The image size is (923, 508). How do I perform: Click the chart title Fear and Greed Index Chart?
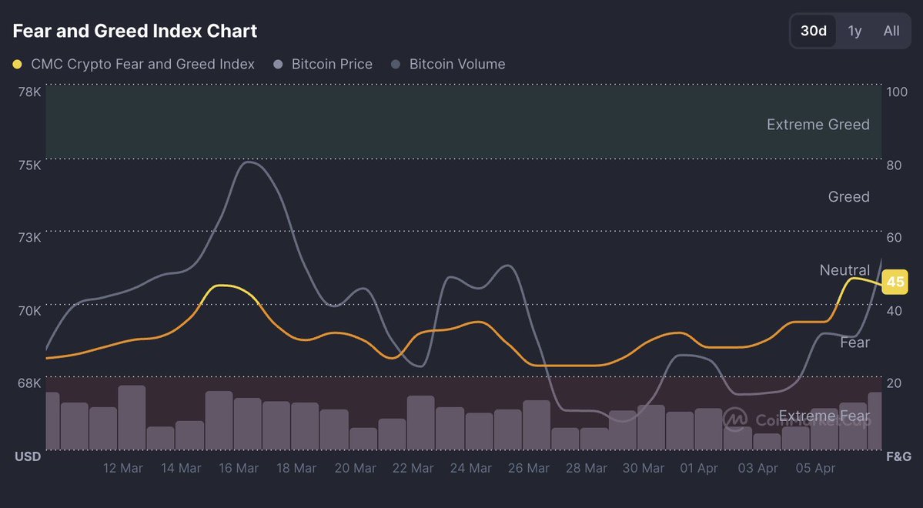135,31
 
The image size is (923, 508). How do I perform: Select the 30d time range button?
814,31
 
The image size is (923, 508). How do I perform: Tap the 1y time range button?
854,31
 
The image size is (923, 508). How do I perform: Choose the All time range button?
891,31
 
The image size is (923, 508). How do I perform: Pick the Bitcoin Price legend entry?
332,64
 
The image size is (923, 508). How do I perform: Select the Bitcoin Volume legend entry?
457,64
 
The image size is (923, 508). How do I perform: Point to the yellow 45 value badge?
895,282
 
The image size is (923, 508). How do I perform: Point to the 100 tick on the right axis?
897,92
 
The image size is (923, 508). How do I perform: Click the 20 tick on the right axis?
895,383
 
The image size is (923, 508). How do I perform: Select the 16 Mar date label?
239,468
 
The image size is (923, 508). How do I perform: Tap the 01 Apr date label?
699,468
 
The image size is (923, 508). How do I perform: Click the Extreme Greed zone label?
818,125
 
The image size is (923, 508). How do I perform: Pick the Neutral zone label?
844,270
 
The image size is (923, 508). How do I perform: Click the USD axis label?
28,457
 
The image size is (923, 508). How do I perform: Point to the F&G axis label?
898,457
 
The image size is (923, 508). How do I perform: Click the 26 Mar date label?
528,468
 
